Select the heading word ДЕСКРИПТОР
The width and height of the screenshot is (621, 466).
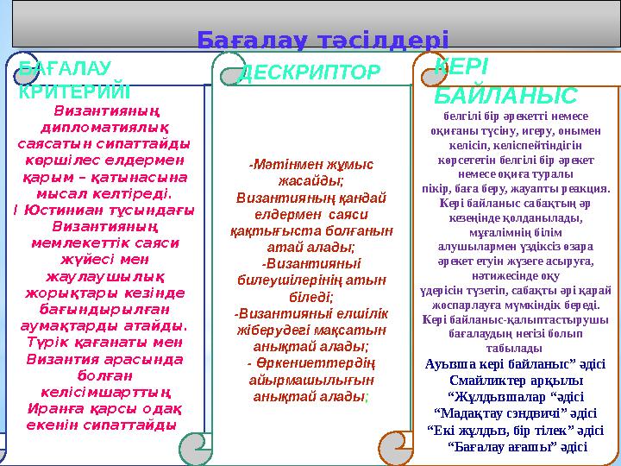(308, 72)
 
